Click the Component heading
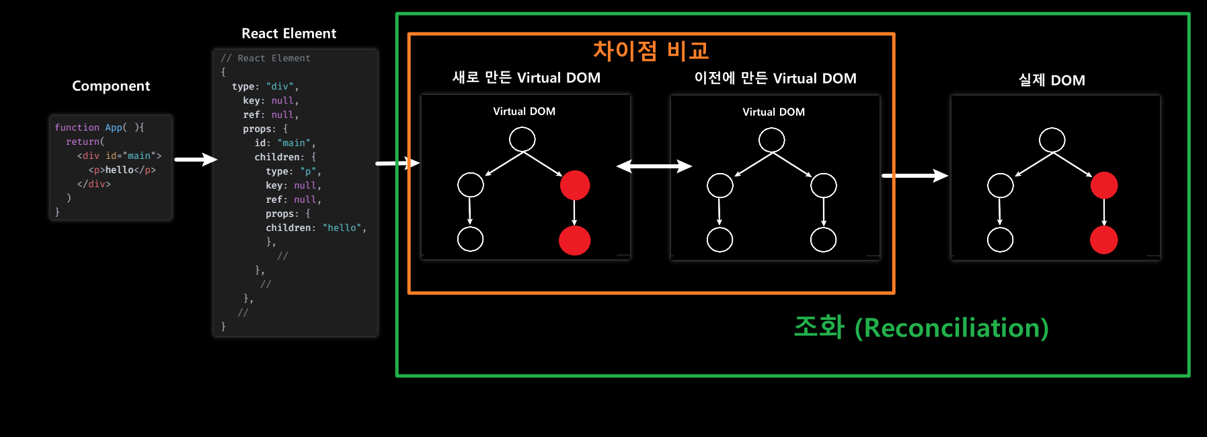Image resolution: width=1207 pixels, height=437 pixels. [x=111, y=86]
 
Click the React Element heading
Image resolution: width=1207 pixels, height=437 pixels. [x=288, y=34]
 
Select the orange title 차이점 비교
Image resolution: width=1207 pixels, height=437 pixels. [x=650, y=51]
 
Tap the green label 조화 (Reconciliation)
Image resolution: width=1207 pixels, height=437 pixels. [x=921, y=328]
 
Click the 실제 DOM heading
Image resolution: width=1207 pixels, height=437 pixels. [x=1052, y=80]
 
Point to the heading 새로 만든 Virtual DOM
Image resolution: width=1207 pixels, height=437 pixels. [x=526, y=78]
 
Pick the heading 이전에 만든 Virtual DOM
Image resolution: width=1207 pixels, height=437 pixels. [x=775, y=79]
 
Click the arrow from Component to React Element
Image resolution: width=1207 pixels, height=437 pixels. [x=195, y=160]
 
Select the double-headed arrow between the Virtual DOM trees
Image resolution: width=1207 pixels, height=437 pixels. [x=654, y=166]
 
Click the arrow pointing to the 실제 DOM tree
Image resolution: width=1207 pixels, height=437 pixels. [x=914, y=176]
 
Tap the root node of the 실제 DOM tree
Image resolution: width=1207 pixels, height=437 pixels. [x=1052, y=140]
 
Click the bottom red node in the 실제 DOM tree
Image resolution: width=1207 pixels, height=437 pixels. [x=1103, y=240]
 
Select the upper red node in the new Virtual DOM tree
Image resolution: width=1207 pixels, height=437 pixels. [x=575, y=185]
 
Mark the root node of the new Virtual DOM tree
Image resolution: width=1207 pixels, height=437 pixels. [x=522, y=139]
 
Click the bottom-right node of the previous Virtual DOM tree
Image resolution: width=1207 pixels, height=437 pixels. [x=823, y=240]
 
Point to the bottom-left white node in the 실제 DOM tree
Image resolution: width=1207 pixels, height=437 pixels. [x=1000, y=240]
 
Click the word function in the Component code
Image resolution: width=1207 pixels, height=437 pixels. [x=77, y=127]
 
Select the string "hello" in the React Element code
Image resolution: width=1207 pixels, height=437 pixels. [x=342, y=228]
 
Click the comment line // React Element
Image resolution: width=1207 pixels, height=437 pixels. [x=266, y=59]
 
